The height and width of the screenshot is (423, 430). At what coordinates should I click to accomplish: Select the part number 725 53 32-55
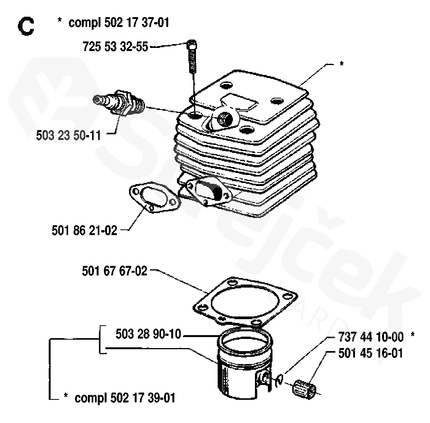tap(115, 48)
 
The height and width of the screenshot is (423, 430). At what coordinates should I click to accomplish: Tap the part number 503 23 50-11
tap(69, 135)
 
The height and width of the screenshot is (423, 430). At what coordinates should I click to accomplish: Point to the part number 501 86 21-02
tap(84, 230)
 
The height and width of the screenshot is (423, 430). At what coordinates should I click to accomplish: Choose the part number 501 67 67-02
tap(114, 272)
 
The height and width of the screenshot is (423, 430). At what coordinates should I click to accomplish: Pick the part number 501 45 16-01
tap(370, 353)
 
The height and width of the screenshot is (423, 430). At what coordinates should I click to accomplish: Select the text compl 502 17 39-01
tap(125, 398)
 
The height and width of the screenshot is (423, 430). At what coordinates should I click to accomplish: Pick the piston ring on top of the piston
tap(245, 343)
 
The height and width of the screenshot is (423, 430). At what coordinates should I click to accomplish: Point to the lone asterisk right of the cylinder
tap(341, 64)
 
